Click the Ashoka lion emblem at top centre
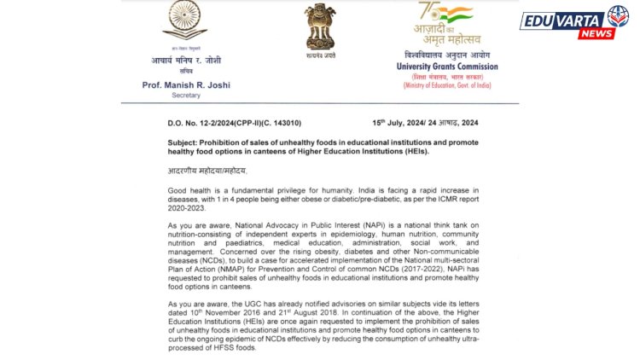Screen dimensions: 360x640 point(319,26)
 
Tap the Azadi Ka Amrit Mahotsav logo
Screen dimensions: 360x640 point(447,26)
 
